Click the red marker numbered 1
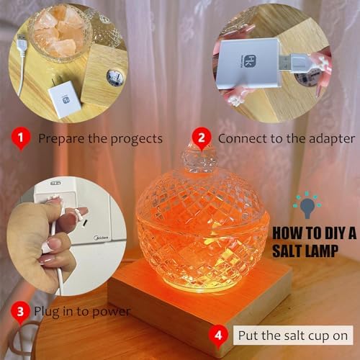pyautogui.click(x=21, y=138)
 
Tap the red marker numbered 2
pyautogui.click(x=202, y=138)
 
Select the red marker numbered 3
pyautogui.click(x=20, y=311)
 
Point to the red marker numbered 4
pyautogui.click(x=218, y=336)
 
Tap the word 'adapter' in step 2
pyautogui.click(x=332, y=139)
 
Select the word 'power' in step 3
pyautogui.click(x=111, y=312)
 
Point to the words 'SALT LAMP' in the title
pyautogui.click(x=305, y=251)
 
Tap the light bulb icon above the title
pyautogui.click(x=307, y=204)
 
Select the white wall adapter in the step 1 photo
pyautogui.click(x=64, y=98)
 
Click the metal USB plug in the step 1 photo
pyautogui.click(x=20, y=38)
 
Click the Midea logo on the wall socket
pyautogui.click(x=102, y=238)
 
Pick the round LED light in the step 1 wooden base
pyautogui.click(x=115, y=77)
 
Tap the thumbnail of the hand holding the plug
pyautogui.click(x=66, y=236)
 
